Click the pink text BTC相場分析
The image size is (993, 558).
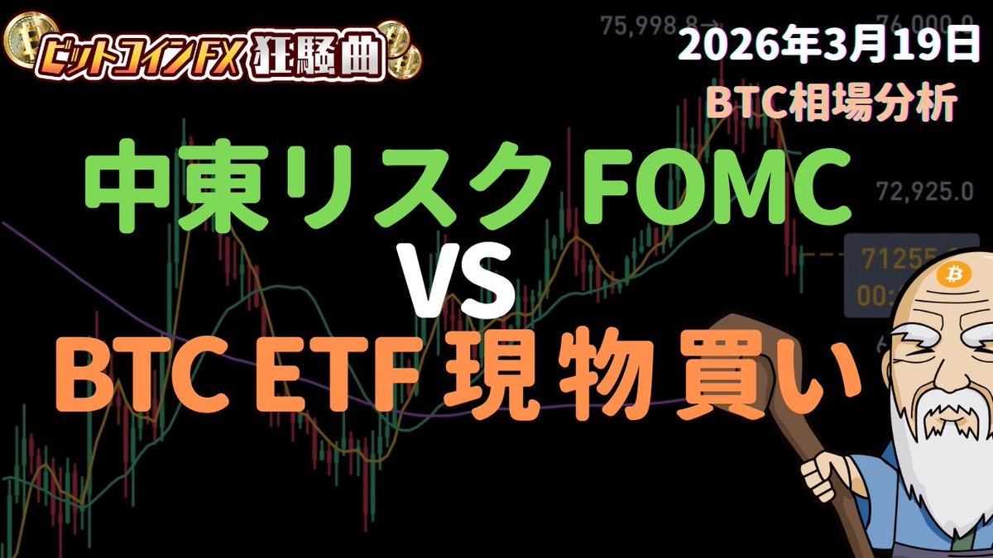pyautogui.click(x=832, y=105)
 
